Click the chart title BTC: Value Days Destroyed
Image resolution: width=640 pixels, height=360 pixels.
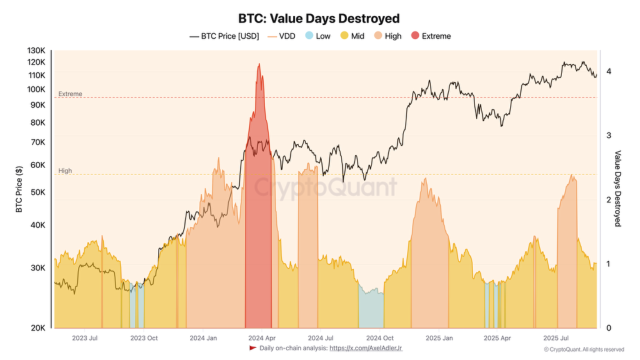(319, 18)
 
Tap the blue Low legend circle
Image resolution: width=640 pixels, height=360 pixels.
(309, 36)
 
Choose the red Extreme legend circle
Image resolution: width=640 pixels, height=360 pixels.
(415, 36)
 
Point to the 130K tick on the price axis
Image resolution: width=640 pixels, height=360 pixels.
(37, 51)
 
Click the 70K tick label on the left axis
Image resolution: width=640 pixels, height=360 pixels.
(38, 142)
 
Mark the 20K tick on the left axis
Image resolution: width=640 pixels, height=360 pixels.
(38, 328)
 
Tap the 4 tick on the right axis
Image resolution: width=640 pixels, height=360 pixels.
(608, 71)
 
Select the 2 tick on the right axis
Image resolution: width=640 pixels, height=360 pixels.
(608, 200)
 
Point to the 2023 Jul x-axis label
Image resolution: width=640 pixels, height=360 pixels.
(84, 338)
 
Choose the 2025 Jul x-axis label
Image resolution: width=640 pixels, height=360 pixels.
(556, 338)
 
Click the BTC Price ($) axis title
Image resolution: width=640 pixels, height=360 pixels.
(19, 189)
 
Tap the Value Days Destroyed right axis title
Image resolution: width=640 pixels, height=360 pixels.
(617, 188)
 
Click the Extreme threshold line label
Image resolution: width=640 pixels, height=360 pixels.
(70, 94)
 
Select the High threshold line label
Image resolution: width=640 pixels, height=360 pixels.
(65, 170)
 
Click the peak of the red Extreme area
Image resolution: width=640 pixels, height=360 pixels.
(258, 64)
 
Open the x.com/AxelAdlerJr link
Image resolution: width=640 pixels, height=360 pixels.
(365, 347)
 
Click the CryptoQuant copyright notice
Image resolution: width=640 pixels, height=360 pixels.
(583, 349)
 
